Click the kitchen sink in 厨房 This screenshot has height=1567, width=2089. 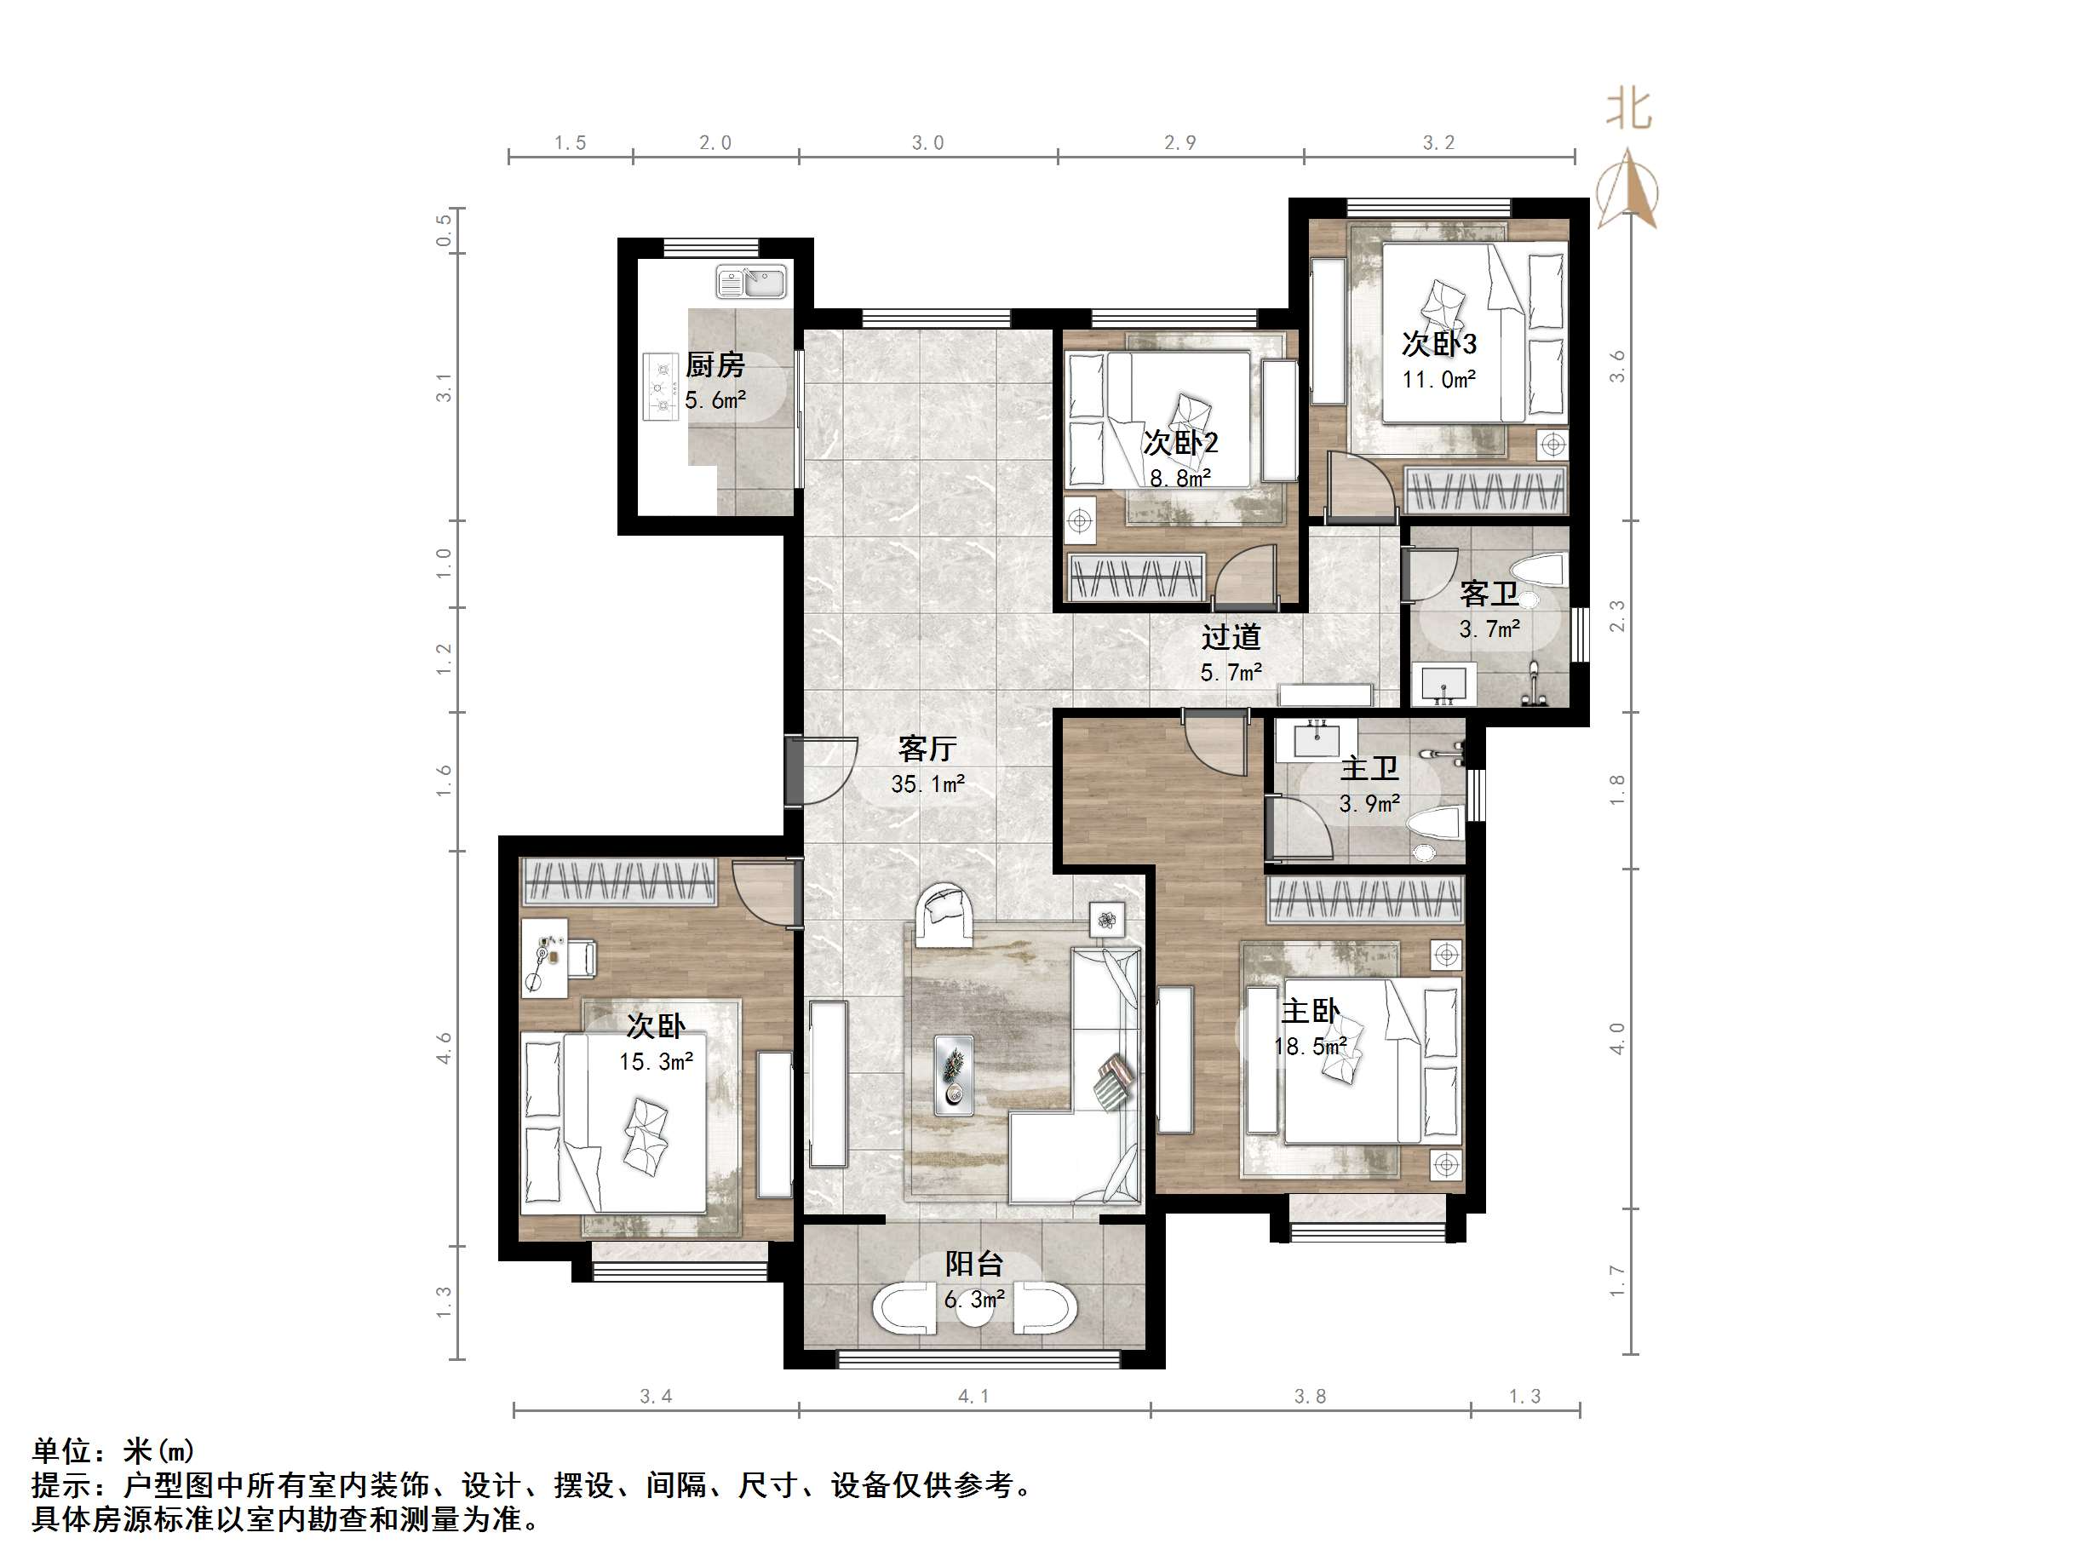coord(751,282)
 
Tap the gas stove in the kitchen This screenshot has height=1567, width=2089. coord(661,387)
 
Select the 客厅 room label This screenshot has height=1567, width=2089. coord(927,749)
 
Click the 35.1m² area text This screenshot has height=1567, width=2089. coord(927,784)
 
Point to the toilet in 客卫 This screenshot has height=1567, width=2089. coord(1540,571)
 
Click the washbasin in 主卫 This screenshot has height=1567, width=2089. coord(1316,738)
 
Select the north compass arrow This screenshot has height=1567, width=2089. coord(1627,188)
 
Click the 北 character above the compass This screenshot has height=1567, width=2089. coord(1629,110)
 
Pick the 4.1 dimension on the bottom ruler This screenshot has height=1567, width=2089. coord(973,1396)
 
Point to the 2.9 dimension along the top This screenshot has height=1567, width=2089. coord(1179,142)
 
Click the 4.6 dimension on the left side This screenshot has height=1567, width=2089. coord(444,1048)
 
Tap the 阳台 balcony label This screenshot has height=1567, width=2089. coord(974,1264)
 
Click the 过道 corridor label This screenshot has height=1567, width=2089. coord(1231,638)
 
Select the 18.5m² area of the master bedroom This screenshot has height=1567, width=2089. coord(1310,1047)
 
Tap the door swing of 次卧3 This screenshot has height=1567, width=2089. coord(1361,485)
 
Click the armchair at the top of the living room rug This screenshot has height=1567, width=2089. coord(944,915)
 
